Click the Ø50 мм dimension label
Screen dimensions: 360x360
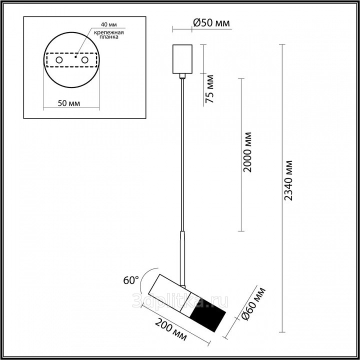coord(211,23)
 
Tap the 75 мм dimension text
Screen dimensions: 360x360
coord(209,89)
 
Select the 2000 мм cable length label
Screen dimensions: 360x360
coord(247,152)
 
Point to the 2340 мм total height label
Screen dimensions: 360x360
coord(288,180)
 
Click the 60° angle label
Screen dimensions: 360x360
coord(131,280)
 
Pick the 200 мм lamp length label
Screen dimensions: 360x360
coord(170,329)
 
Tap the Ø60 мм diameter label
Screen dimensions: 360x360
coord(253,303)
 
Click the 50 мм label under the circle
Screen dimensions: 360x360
coord(69,103)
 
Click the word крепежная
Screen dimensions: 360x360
coord(109,32)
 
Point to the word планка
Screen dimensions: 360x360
coord(109,37)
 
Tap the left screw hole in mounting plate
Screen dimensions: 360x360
coord(59,60)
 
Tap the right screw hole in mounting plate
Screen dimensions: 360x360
coord(84,60)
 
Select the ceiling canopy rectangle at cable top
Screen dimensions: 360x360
coord(182,59)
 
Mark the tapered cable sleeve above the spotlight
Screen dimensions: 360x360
coord(182,258)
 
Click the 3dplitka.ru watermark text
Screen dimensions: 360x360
coord(180,301)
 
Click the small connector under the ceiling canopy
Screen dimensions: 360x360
coord(182,76)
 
